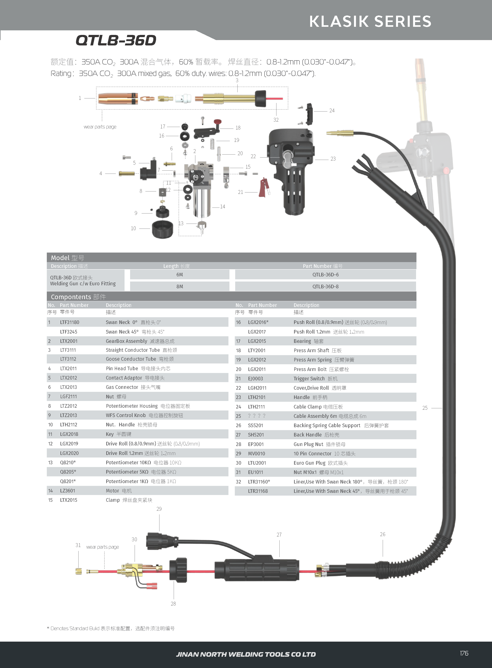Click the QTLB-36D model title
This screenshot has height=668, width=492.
116,40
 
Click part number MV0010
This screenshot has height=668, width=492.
256,454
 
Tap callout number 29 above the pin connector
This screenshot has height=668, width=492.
159,509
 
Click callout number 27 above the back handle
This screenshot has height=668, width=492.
279,535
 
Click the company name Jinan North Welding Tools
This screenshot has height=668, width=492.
246,654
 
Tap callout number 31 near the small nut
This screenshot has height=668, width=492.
78,545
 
